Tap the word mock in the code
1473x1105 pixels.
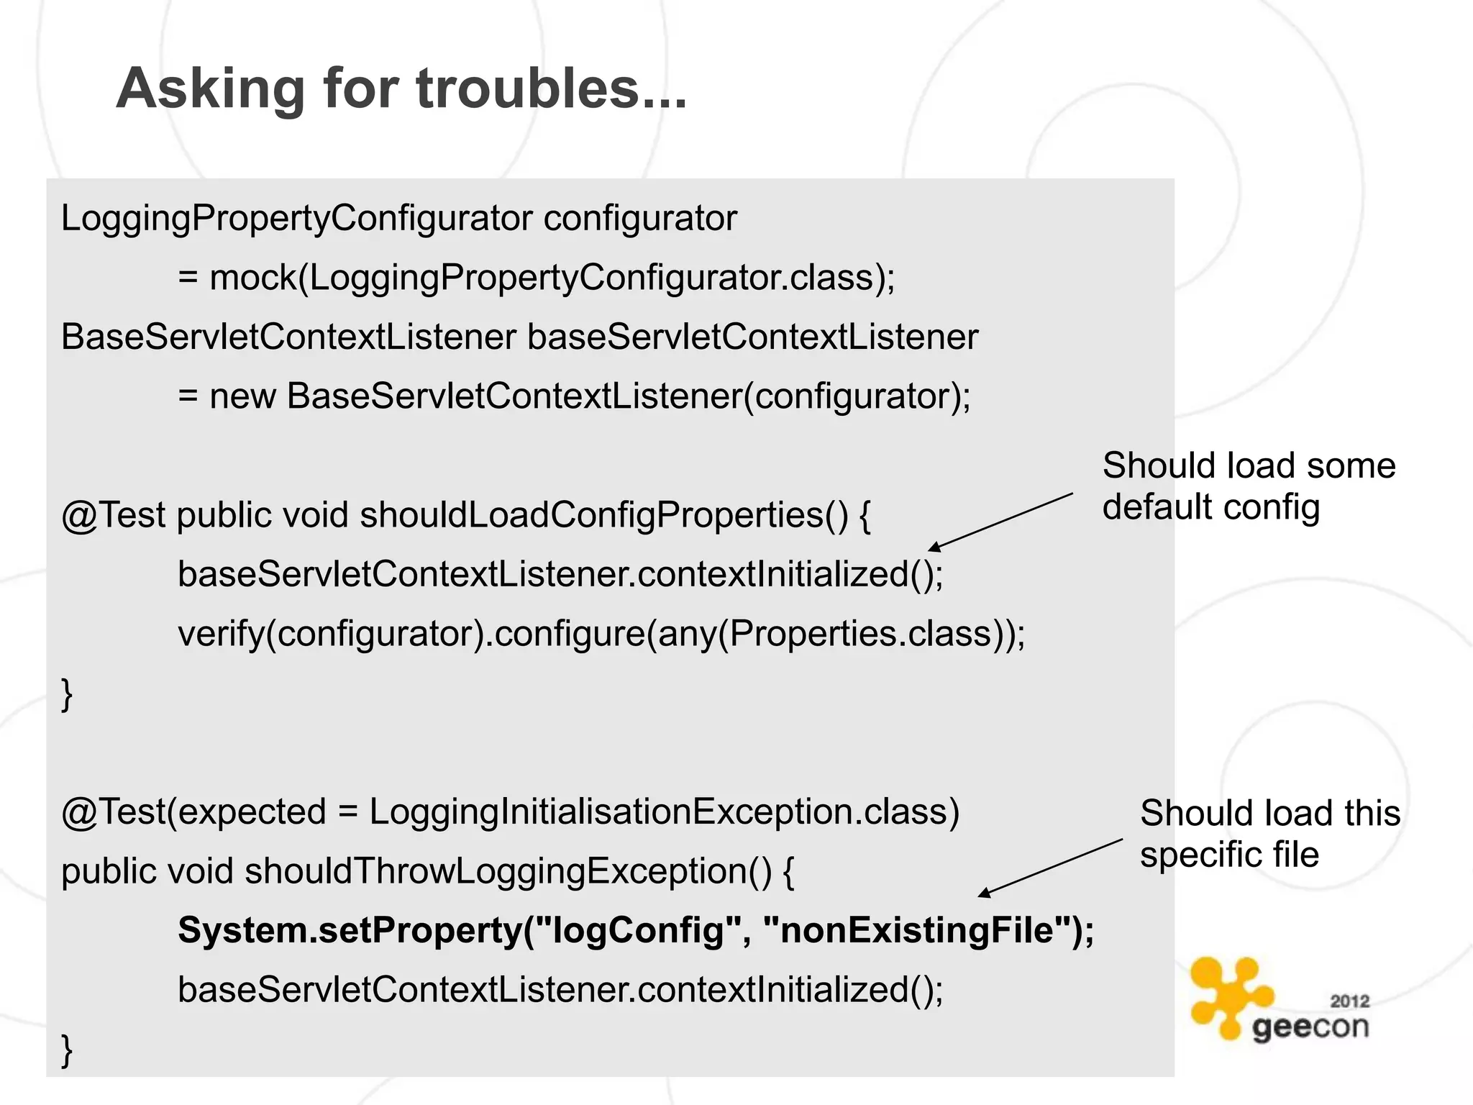pos(252,278)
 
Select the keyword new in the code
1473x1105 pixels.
pos(242,396)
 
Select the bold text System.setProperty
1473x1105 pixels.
pos(349,930)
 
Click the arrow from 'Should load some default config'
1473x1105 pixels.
pos(1000,522)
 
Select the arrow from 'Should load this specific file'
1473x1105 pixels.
pos(1051,868)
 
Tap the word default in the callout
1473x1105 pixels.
pos(1157,507)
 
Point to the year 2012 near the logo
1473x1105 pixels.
pos(1350,1001)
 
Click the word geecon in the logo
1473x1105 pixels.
pos(1310,1027)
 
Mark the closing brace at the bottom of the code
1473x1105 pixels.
pos(67,1050)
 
